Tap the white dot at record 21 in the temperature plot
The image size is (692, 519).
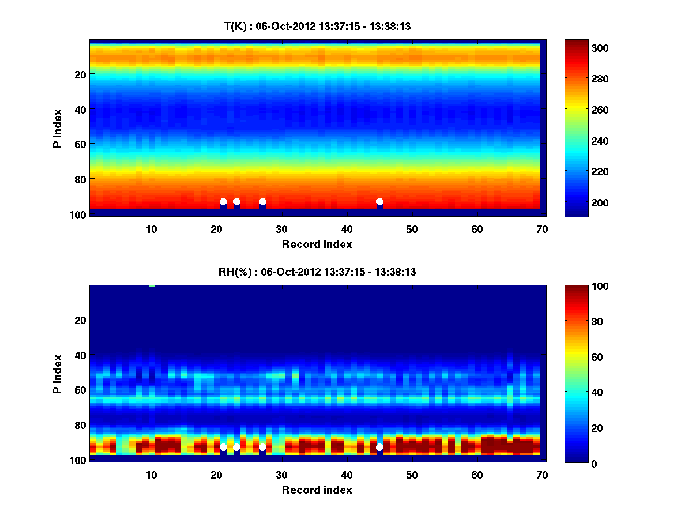pyautogui.click(x=223, y=202)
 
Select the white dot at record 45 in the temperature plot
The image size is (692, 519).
pyautogui.click(x=379, y=202)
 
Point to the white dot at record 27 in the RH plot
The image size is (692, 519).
pyautogui.click(x=262, y=447)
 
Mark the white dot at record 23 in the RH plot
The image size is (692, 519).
pyautogui.click(x=236, y=447)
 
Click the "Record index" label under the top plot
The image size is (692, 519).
pyautogui.click(x=317, y=244)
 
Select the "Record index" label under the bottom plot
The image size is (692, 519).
pyautogui.click(x=317, y=490)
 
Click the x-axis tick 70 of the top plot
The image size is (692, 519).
pyautogui.click(x=542, y=229)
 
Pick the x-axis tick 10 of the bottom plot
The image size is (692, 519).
pyautogui.click(x=151, y=475)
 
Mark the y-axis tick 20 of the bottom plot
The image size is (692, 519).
pyautogui.click(x=80, y=320)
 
